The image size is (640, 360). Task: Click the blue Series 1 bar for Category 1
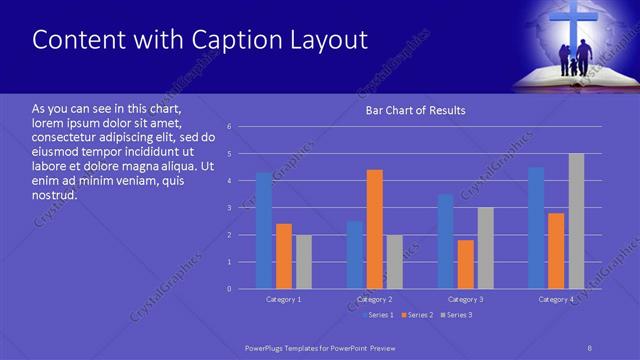click(x=263, y=230)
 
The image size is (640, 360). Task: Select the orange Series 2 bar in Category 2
click(x=375, y=229)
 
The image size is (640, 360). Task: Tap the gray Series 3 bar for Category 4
click(x=576, y=221)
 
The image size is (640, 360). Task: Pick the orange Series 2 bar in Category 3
click(x=465, y=264)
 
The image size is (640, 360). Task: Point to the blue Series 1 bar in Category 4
click(x=536, y=228)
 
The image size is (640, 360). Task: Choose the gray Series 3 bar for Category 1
click(x=303, y=262)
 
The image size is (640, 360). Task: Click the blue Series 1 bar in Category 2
click(x=355, y=255)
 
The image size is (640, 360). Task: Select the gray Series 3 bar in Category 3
click(x=485, y=248)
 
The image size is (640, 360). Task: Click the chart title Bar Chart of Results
click(x=415, y=110)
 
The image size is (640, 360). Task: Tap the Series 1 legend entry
click(x=379, y=315)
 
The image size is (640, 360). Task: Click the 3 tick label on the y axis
click(x=230, y=208)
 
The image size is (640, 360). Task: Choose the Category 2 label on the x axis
click(x=375, y=299)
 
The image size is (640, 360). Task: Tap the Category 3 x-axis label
click(x=465, y=299)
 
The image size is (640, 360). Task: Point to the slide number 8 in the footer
click(x=590, y=347)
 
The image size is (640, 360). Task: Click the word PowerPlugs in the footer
click(x=269, y=347)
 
